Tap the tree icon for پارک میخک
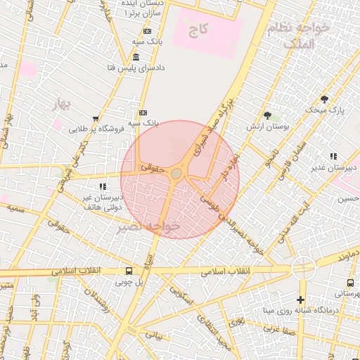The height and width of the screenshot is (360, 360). pyautogui.click(x=324, y=99)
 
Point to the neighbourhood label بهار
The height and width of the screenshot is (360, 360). pyautogui.click(x=63, y=105)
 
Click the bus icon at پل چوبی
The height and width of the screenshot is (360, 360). pyautogui.click(x=128, y=271)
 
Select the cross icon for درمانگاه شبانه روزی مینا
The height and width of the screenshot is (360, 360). pyautogui.click(x=301, y=300)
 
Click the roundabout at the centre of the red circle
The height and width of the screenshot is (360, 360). pyautogui.click(x=176, y=173)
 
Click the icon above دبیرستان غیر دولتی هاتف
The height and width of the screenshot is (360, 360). pyautogui.click(x=103, y=186)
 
